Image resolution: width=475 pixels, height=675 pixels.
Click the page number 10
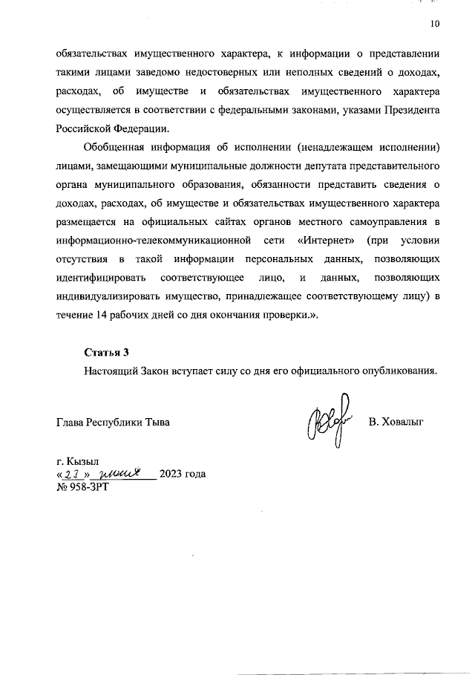pos(435,24)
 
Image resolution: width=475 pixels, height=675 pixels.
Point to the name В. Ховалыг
pos(395,422)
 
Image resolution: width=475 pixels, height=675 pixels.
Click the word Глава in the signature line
pos(71,422)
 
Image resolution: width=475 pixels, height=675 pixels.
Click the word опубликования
pos(401,370)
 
